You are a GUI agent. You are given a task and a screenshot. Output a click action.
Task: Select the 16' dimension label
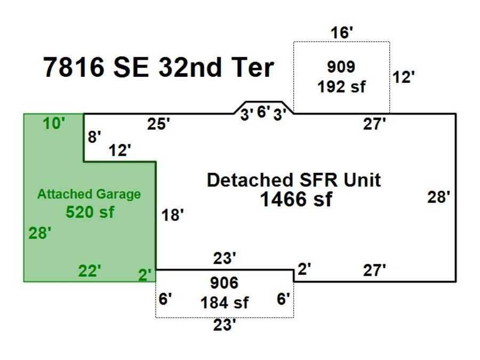click(x=341, y=33)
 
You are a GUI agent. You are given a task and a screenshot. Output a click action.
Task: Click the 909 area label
click(x=341, y=67)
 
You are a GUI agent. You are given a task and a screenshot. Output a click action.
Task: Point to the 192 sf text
click(x=341, y=86)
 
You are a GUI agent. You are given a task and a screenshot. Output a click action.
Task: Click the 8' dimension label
click(x=94, y=137)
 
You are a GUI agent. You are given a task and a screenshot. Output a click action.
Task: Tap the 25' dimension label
click(x=158, y=124)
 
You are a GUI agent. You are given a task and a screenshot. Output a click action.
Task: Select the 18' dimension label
click(x=172, y=215)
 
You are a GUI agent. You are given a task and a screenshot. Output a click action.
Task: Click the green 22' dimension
click(x=89, y=271)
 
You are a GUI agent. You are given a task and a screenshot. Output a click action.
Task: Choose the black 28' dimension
click(x=439, y=197)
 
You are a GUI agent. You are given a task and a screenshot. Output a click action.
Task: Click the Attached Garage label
click(x=89, y=194)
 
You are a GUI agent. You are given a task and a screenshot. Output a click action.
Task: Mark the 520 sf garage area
click(x=90, y=212)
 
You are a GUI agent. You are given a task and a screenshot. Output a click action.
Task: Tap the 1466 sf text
click(x=295, y=199)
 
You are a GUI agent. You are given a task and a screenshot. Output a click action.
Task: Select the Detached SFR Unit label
click(x=294, y=180)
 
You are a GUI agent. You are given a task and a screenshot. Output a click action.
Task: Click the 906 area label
click(x=224, y=283)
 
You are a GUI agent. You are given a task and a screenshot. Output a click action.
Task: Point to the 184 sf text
click(x=224, y=303)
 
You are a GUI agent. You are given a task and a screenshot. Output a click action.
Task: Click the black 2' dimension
click(x=304, y=270)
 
